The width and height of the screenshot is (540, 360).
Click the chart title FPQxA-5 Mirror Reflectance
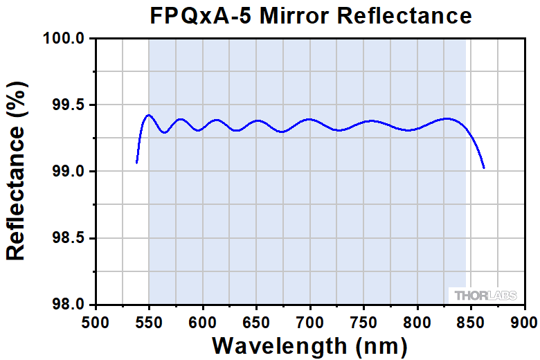tap(311, 15)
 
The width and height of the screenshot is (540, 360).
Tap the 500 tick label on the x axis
tap(96, 322)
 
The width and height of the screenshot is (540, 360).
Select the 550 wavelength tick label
tap(149, 322)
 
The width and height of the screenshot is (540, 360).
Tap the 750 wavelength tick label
tap(363, 322)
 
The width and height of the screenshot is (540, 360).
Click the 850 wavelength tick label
tap(471, 322)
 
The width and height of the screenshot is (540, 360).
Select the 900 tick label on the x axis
tap(524, 322)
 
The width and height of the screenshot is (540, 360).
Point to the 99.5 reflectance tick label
tap(70, 105)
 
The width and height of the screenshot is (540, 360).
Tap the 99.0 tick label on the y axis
tap(70, 172)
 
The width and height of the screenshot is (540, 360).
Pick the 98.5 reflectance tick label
tap(70, 238)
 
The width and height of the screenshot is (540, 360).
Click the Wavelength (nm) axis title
tap(309, 345)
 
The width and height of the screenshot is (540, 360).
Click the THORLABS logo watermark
tap(486, 296)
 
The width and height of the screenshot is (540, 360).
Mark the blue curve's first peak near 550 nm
tap(148, 115)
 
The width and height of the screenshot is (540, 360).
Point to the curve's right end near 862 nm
tap(484, 168)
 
